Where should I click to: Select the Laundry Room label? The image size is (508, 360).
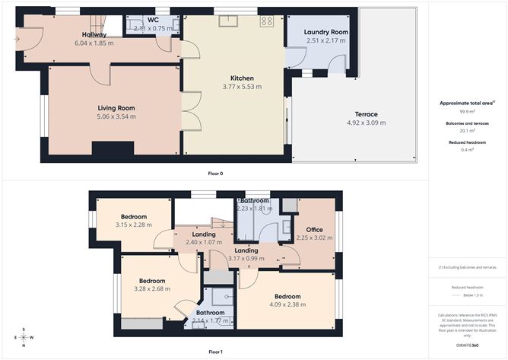325,32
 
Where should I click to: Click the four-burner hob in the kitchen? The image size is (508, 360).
266,22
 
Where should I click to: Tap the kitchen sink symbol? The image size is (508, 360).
227,21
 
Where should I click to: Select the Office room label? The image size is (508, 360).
314,229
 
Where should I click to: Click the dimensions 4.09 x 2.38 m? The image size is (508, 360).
287,305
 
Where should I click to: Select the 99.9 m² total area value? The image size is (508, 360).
468,110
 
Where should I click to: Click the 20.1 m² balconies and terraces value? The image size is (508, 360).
468,130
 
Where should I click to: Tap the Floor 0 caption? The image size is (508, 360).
215,174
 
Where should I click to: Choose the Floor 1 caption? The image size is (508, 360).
215,352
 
